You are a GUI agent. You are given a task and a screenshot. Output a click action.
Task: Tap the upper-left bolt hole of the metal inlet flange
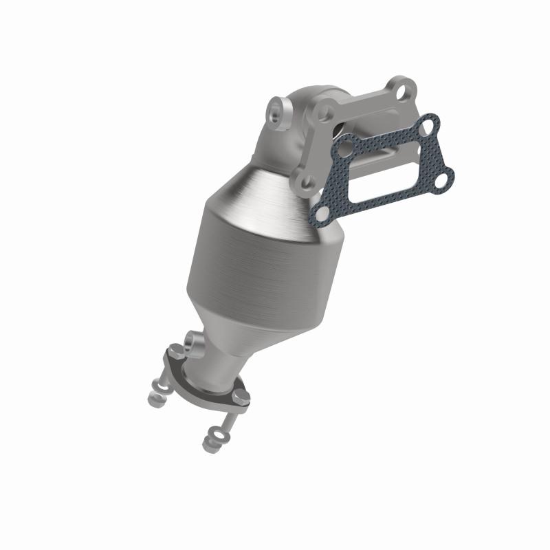[x=324, y=112]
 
